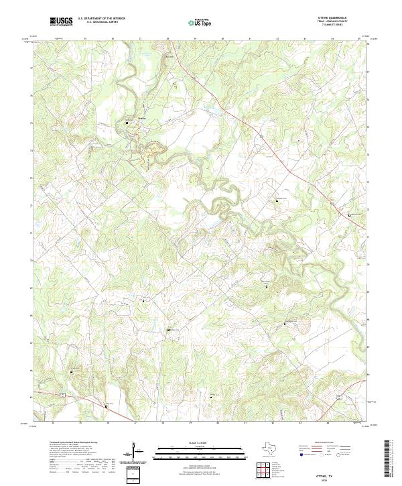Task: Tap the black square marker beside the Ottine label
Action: click(x=127, y=123)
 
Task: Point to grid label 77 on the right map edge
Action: click(x=367, y=70)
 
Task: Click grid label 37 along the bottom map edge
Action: click(x=135, y=424)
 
